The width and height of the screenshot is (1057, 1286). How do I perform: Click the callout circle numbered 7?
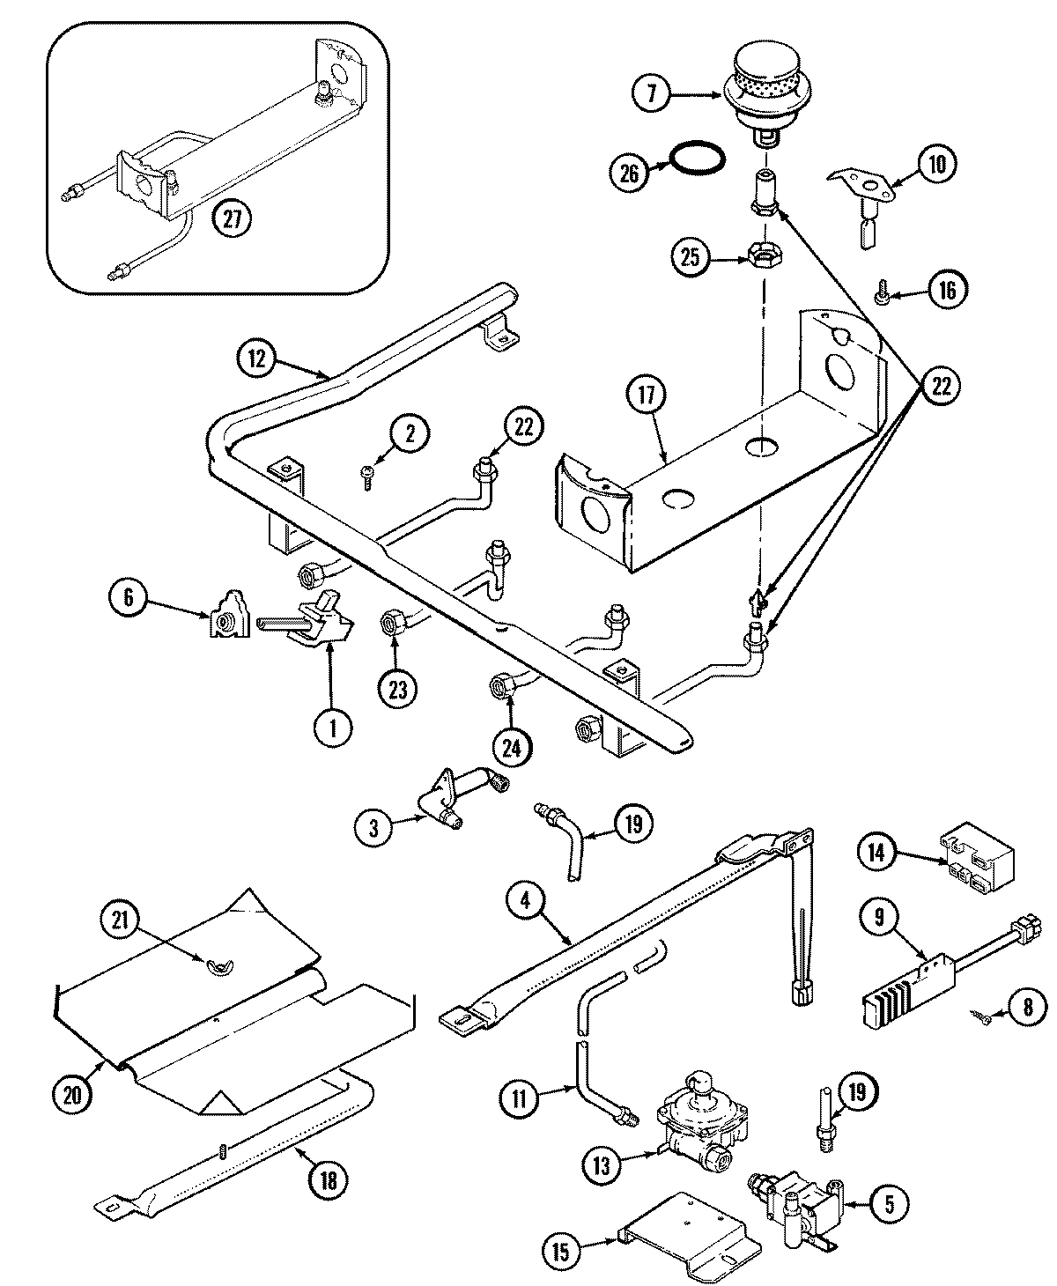[x=652, y=92]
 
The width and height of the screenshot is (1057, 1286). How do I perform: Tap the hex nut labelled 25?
[x=762, y=256]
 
